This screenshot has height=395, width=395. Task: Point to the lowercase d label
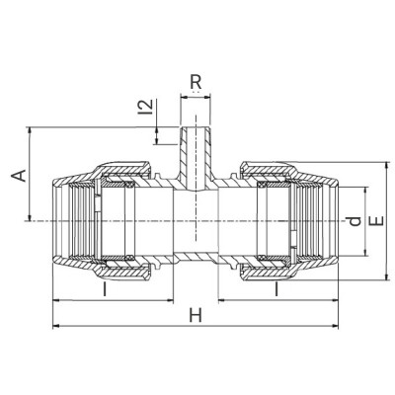355,221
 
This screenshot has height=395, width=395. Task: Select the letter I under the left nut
104,290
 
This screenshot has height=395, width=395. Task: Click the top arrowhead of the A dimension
32,130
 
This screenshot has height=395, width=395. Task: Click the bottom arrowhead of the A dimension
32,219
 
